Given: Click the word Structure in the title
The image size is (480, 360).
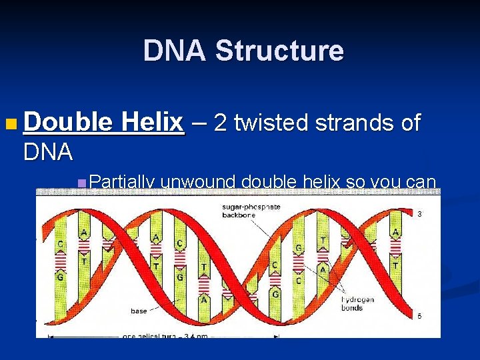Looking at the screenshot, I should tap(279, 51).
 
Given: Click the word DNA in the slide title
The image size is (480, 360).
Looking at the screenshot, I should tap(175, 51).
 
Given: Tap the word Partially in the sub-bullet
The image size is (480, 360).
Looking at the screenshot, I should tap(122, 181).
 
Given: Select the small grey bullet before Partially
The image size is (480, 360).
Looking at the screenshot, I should tap(81, 182).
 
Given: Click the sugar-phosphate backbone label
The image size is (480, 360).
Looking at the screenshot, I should tap(251, 211).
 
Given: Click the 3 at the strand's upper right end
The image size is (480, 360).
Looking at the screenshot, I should tap(419, 214).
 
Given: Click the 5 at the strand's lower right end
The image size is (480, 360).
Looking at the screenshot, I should tap(419, 316).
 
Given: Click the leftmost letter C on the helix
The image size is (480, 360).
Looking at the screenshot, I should tap(61, 244).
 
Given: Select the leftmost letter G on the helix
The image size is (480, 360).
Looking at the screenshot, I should tap(61, 276).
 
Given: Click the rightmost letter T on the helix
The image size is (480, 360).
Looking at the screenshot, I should tap(395, 265).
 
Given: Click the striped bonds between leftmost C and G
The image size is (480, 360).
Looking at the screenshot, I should tap(61, 260).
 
